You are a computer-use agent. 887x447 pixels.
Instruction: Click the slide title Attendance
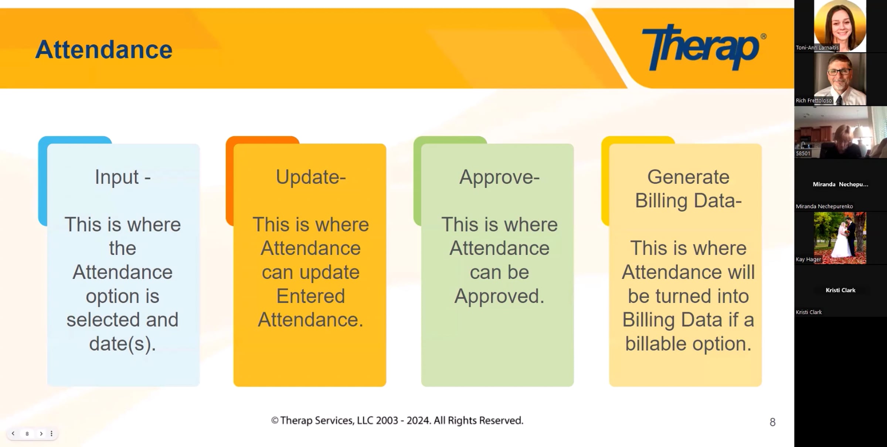pyautogui.click(x=104, y=50)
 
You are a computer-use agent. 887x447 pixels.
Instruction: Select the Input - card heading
pyautogui.click(x=123, y=177)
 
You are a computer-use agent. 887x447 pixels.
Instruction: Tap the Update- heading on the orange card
pyautogui.click(x=311, y=177)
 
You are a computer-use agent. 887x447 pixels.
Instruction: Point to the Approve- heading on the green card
pyautogui.click(x=499, y=177)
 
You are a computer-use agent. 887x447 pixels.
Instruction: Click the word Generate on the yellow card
pyautogui.click(x=688, y=177)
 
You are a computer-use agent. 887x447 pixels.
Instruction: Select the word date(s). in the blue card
pyautogui.click(x=123, y=344)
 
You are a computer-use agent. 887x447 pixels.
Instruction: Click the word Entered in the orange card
pyautogui.click(x=311, y=296)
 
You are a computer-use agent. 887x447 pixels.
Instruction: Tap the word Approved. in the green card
pyautogui.click(x=499, y=296)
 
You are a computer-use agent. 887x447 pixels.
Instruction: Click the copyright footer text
pyautogui.click(x=397, y=420)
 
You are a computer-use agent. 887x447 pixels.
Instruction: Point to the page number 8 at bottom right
pyautogui.click(x=772, y=422)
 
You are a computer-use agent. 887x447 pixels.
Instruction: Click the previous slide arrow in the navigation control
pyautogui.click(x=13, y=433)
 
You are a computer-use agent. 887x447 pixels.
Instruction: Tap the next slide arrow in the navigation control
pyautogui.click(x=41, y=433)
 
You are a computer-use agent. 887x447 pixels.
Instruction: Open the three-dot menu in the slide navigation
pyautogui.click(x=51, y=433)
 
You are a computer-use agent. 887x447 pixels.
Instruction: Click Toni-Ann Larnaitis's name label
pyautogui.click(x=817, y=48)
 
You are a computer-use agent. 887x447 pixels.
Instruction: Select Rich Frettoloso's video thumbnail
pyautogui.click(x=840, y=79)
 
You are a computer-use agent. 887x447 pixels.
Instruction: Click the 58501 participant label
pyautogui.click(x=803, y=153)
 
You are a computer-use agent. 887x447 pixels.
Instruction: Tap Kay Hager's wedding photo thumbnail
pyautogui.click(x=840, y=238)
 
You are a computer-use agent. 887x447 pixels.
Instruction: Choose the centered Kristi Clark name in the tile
pyautogui.click(x=840, y=290)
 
